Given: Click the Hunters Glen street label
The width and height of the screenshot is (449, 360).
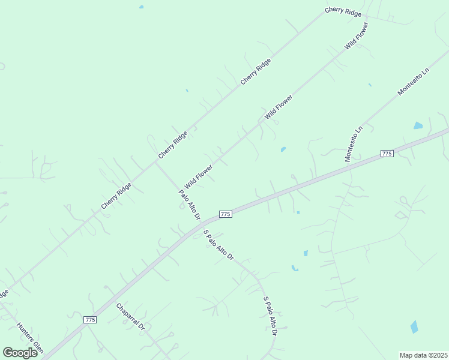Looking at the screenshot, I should pyautogui.click(x=30, y=338).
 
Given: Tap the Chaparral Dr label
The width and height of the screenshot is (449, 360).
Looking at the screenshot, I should pyautogui.click(x=130, y=317).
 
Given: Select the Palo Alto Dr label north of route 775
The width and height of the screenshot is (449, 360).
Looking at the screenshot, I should pyautogui.click(x=189, y=205).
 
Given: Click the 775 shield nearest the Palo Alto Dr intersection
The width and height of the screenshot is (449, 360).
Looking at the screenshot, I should pyautogui.click(x=225, y=214).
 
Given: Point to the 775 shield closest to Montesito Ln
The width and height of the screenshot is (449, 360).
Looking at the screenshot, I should pyautogui.click(x=387, y=154).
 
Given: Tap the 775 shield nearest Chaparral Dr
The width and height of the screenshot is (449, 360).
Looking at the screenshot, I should pyautogui.click(x=90, y=320).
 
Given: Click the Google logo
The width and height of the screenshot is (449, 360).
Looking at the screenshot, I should pyautogui.click(x=20, y=353).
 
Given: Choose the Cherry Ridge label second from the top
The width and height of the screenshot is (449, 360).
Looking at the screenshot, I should pyautogui.click(x=256, y=71).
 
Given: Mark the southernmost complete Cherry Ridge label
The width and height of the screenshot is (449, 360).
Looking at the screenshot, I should pyautogui.click(x=116, y=196).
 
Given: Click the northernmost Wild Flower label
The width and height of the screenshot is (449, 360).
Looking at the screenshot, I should pyautogui.click(x=356, y=37).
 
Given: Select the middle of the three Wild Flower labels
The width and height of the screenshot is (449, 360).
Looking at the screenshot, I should pyautogui.click(x=279, y=106).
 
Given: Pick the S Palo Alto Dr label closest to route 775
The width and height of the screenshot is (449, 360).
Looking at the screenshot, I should pyautogui.click(x=218, y=245).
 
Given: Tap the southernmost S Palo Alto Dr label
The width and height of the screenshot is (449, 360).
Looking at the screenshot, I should pyautogui.click(x=270, y=316).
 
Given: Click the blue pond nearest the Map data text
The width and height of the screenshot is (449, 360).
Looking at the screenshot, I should pyautogui.click(x=414, y=327).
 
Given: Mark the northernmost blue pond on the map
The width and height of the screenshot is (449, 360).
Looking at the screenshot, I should pyautogui.click(x=142, y=7).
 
